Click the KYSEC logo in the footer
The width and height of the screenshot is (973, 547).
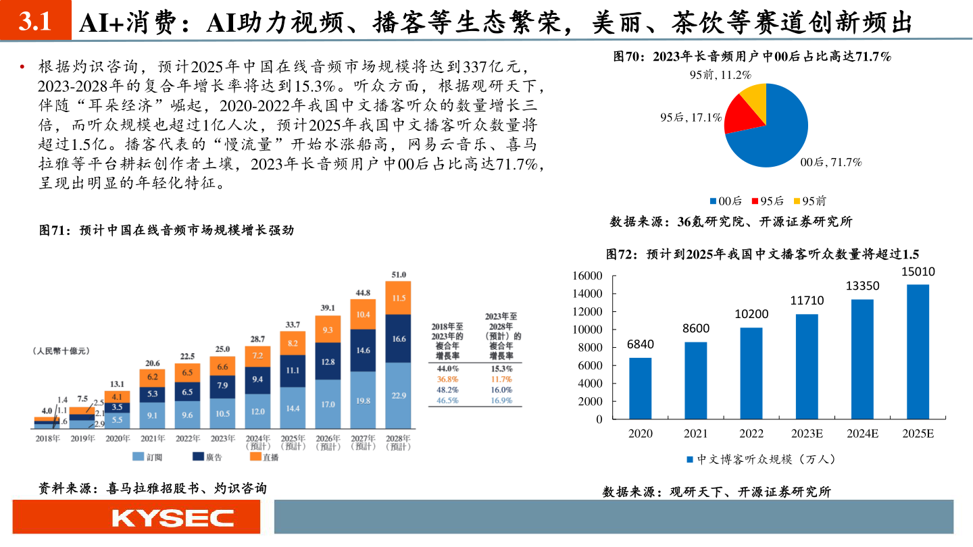pos(172,518)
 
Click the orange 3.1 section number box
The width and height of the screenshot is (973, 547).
pos(35,22)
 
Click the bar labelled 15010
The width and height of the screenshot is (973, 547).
pos(918,351)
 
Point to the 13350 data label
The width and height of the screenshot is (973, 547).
pos(862,286)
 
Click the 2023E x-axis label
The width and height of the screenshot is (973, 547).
pos(807,433)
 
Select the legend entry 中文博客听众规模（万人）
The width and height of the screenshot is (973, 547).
pos(761,459)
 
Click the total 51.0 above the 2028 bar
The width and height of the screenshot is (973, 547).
pos(399,274)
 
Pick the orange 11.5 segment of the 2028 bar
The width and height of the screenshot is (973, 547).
pos(399,298)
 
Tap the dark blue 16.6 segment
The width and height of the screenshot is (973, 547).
pos(399,338)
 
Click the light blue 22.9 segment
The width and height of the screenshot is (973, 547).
pos(399,396)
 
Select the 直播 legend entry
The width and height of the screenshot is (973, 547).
pos(264,457)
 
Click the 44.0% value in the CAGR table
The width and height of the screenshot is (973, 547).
pos(448,369)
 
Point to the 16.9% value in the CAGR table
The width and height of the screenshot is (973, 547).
pos(501,400)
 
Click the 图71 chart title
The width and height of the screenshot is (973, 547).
pos(168,230)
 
